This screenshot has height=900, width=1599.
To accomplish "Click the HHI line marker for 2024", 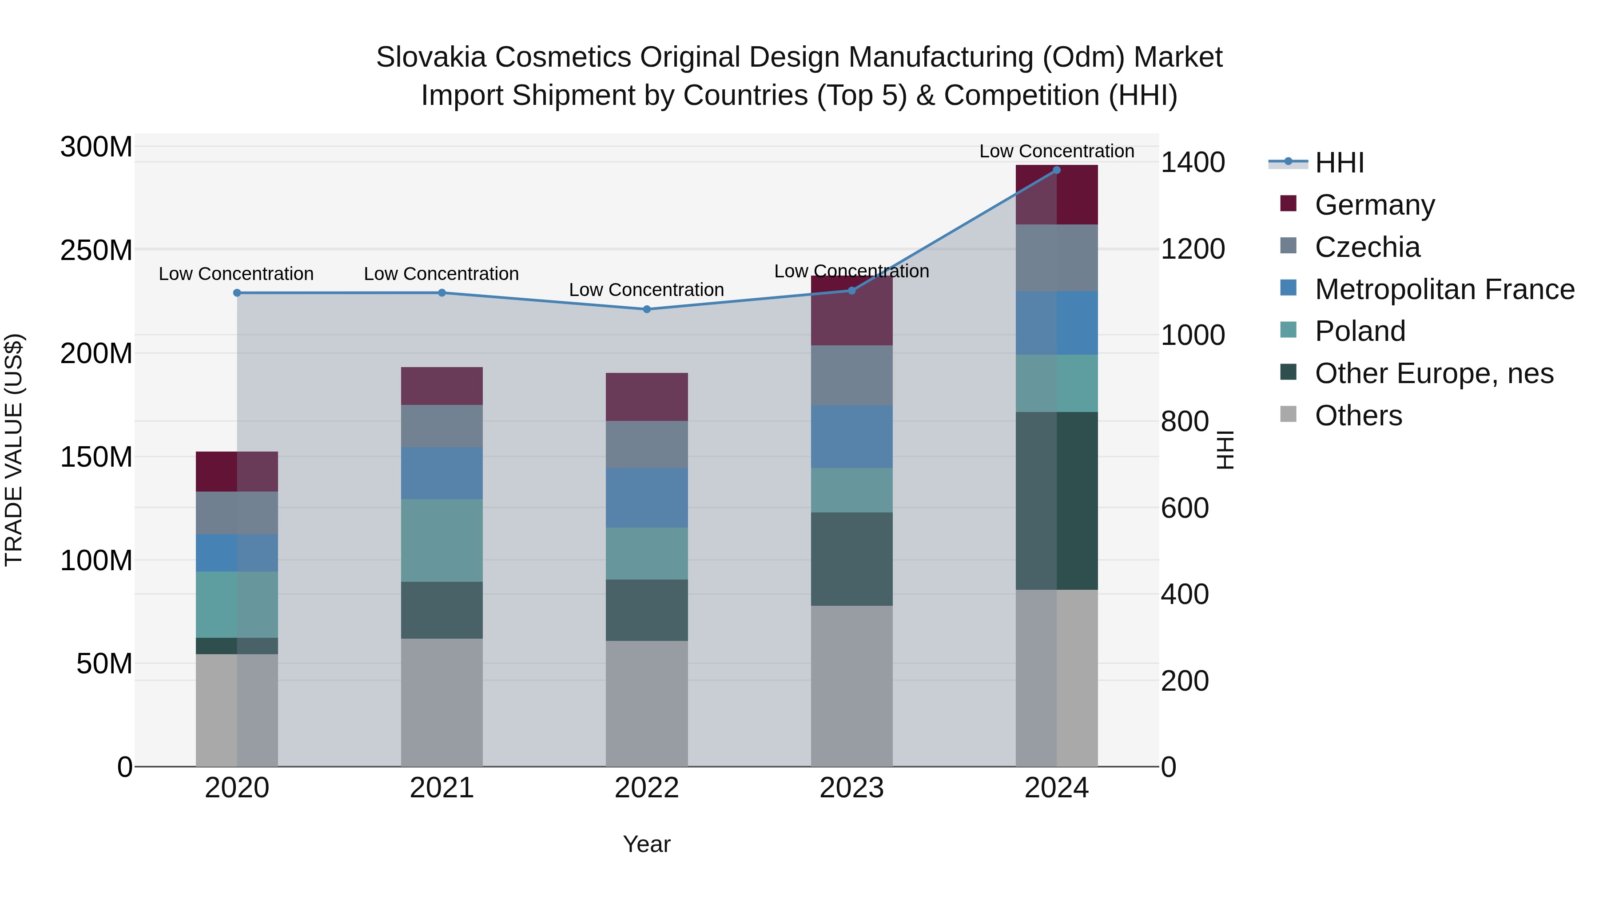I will (x=1057, y=170).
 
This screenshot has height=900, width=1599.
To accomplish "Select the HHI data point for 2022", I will (x=647, y=309).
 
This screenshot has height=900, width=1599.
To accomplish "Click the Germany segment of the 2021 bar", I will (x=442, y=386).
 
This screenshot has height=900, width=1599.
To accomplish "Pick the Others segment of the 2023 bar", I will (x=851, y=686).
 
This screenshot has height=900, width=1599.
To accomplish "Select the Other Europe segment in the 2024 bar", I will (x=1057, y=500).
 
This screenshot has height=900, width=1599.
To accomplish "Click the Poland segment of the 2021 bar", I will (x=442, y=540).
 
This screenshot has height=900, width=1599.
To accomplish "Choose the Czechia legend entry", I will (x=1367, y=247).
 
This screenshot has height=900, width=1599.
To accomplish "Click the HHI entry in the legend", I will (x=1340, y=163).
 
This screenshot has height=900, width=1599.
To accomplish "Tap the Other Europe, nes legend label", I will (x=1434, y=373).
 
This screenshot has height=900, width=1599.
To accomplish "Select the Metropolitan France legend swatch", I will (x=1289, y=288).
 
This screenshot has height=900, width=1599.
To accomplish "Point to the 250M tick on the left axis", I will (x=96, y=250).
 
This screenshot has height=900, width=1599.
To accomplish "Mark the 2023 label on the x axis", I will (x=851, y=788).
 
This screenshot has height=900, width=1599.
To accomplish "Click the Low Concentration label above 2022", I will (x=647, y=290).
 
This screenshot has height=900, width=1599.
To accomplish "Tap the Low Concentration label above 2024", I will (x=1057, y=151).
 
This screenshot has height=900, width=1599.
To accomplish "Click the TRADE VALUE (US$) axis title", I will (x=14, y=450).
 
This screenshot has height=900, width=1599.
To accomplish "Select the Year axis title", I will (x=647, y=844).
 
